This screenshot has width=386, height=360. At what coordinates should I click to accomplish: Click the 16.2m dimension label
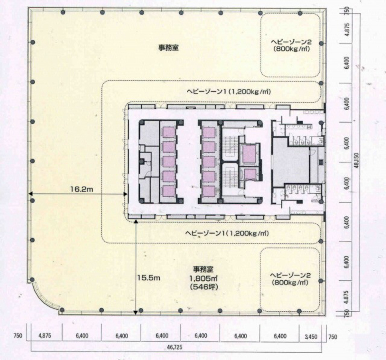coord(81,189)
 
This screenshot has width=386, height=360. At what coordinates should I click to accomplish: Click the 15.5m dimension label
coord(148,277)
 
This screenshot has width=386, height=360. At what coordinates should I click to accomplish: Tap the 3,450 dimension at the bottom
coord(311,337)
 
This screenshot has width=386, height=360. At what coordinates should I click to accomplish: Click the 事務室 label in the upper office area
coord(168,48)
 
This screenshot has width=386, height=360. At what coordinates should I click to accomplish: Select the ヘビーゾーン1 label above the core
coord(229,92)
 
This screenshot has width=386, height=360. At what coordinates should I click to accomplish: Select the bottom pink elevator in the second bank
coord(209,190)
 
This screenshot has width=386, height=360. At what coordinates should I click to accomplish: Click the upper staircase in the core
coord(230,144)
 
